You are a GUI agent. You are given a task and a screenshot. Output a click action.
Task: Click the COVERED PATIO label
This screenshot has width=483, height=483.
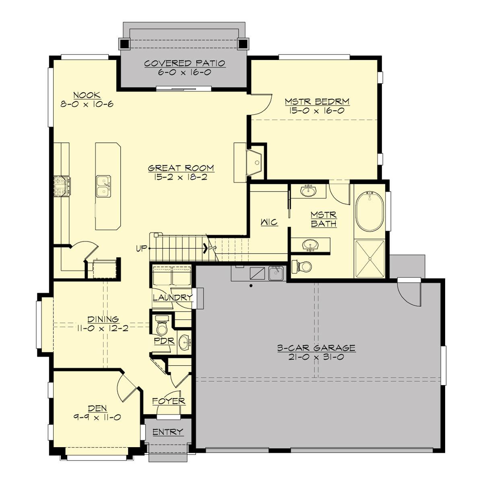(185, 63)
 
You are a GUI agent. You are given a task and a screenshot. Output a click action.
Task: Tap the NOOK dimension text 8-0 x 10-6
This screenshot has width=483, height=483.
(87, 104)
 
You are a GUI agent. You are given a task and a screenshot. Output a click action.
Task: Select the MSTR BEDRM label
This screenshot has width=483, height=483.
(317, 101)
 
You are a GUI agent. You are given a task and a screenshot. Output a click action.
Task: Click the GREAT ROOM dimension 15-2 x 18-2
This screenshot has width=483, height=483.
(181, 177)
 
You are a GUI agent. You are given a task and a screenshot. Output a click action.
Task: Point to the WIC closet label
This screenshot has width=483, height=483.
(269, 222)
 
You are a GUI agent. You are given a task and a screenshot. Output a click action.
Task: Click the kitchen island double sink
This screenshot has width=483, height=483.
(104, 186)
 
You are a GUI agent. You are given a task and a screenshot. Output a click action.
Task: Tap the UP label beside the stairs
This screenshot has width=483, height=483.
(142, 248)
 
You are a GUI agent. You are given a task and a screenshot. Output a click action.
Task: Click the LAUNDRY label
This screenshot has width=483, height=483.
(173, 298)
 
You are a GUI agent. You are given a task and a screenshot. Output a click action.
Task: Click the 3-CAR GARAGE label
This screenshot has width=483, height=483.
(316, 348)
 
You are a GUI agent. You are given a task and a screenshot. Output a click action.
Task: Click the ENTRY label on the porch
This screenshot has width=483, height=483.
(168, 432)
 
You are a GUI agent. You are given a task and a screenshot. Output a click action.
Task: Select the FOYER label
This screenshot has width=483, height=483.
(169, 401)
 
